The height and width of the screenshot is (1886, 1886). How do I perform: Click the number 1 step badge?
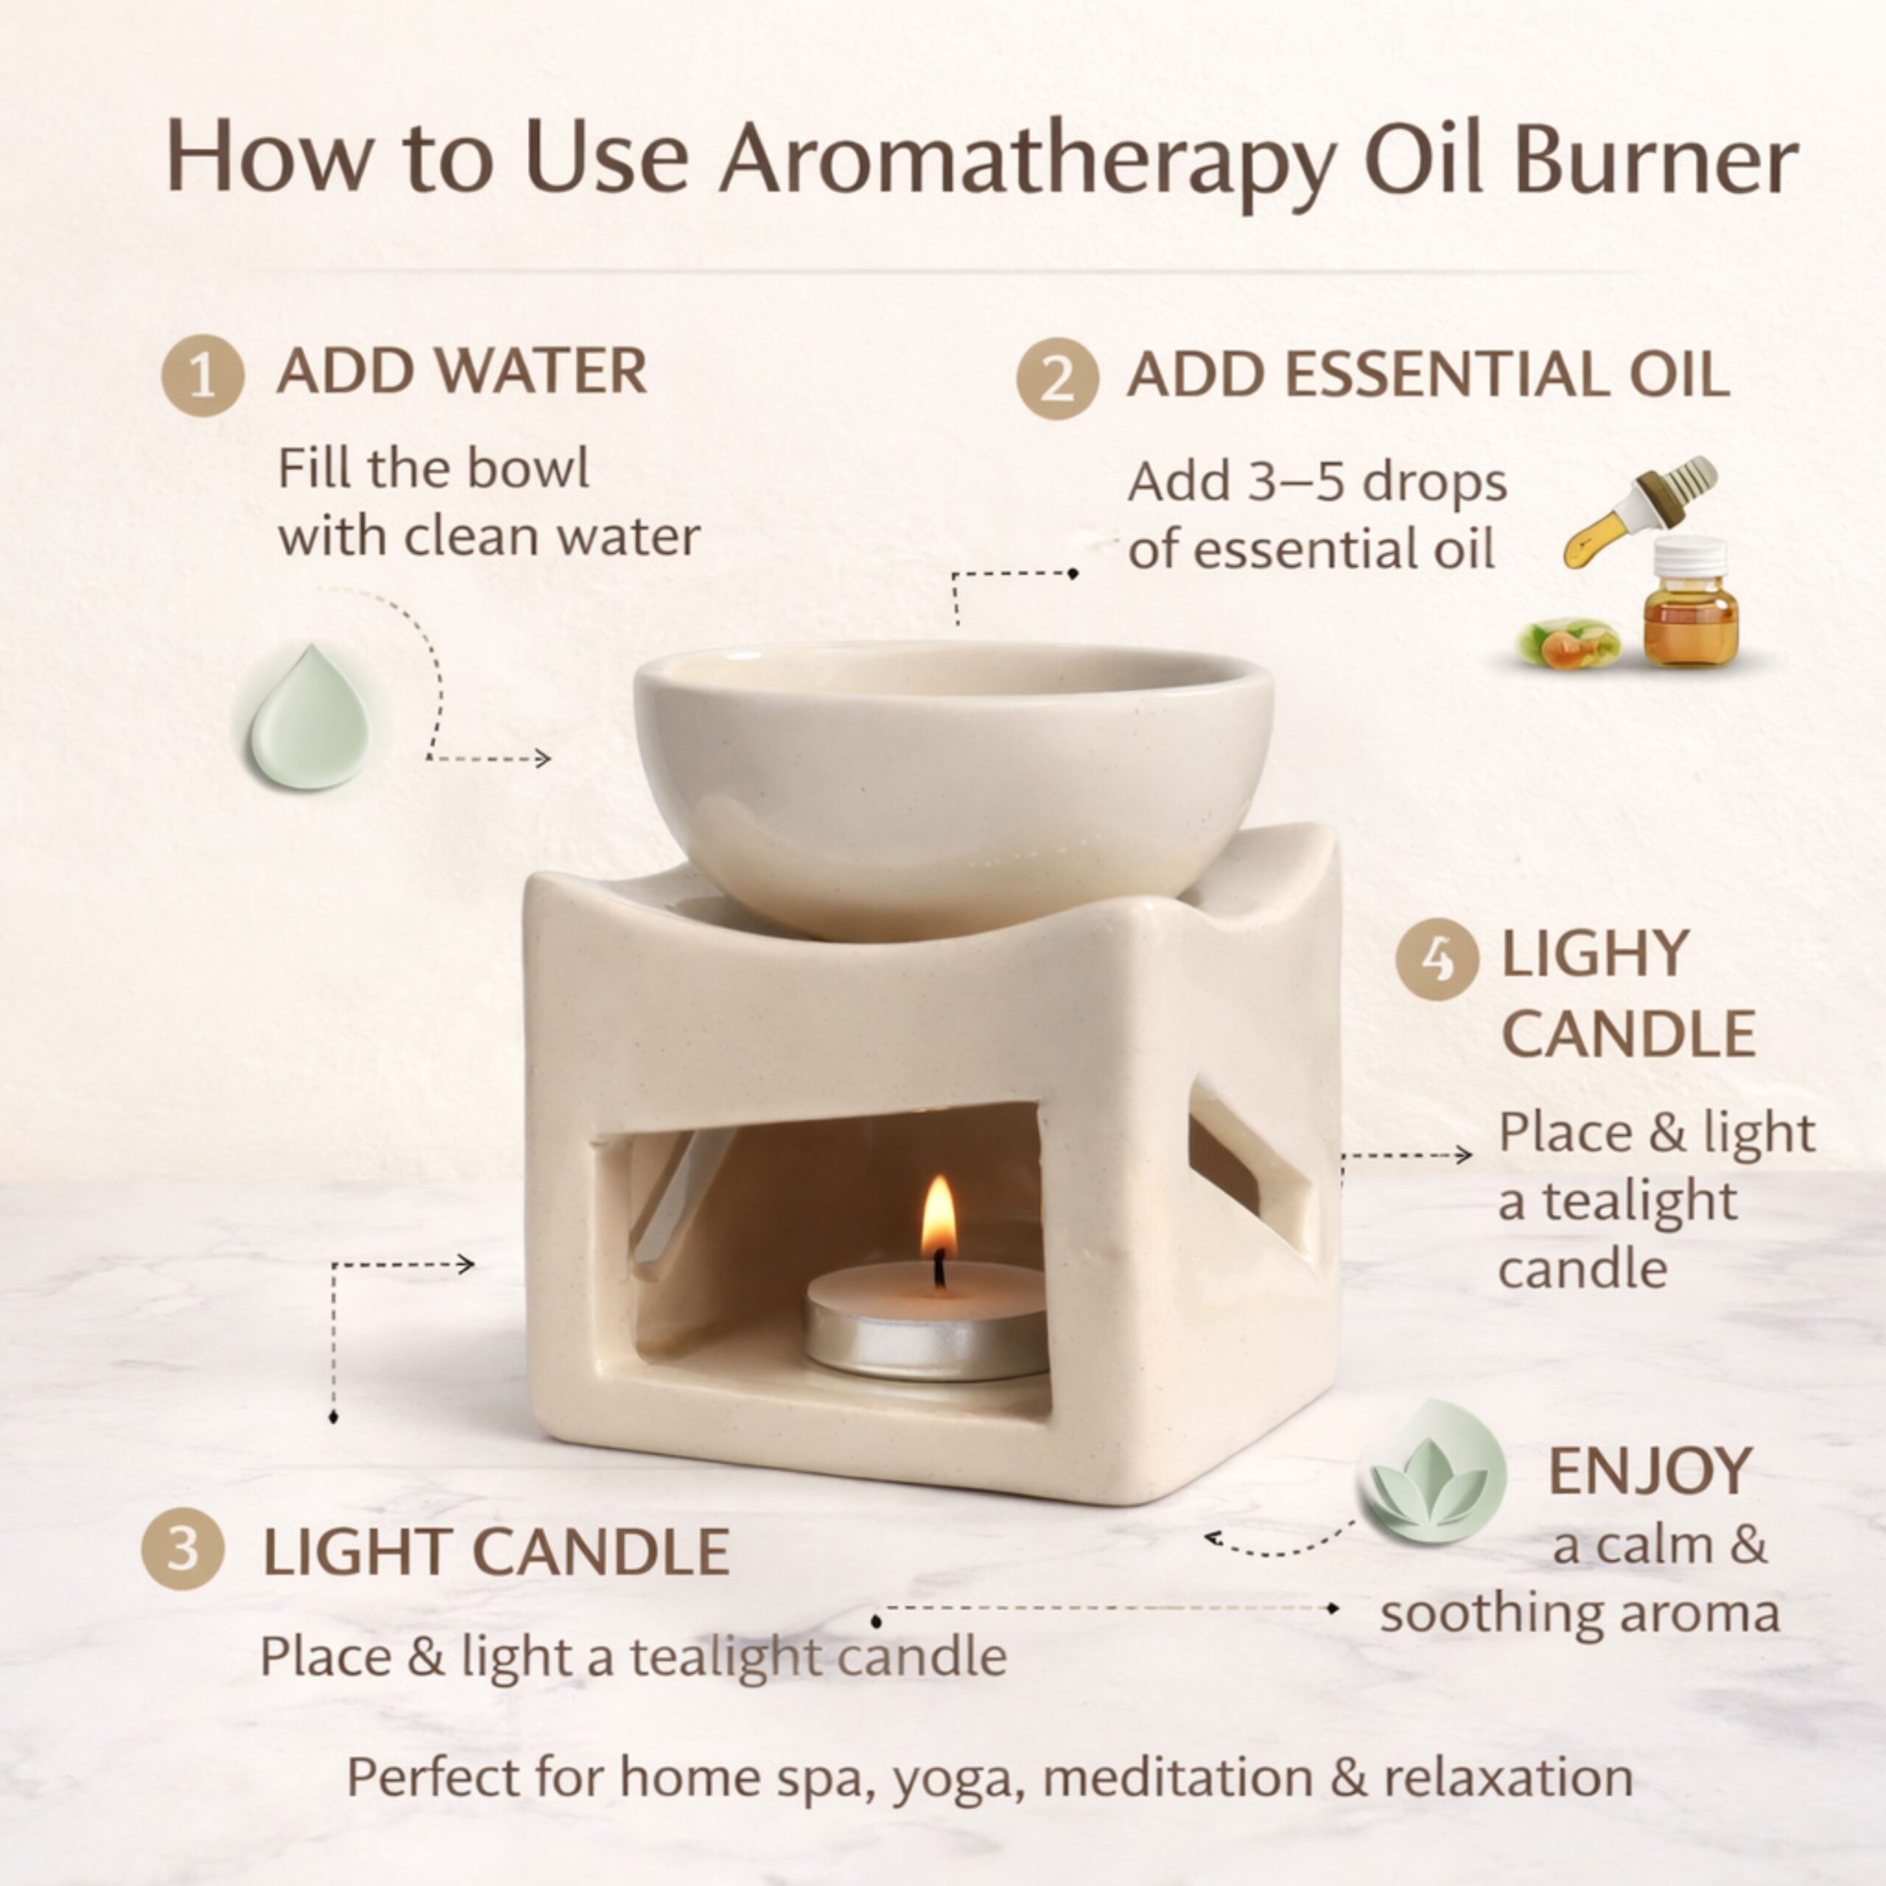coord(202,376)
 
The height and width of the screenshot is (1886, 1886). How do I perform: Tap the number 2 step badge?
coord(1057,379)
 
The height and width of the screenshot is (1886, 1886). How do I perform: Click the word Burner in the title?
coord(1655,156)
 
